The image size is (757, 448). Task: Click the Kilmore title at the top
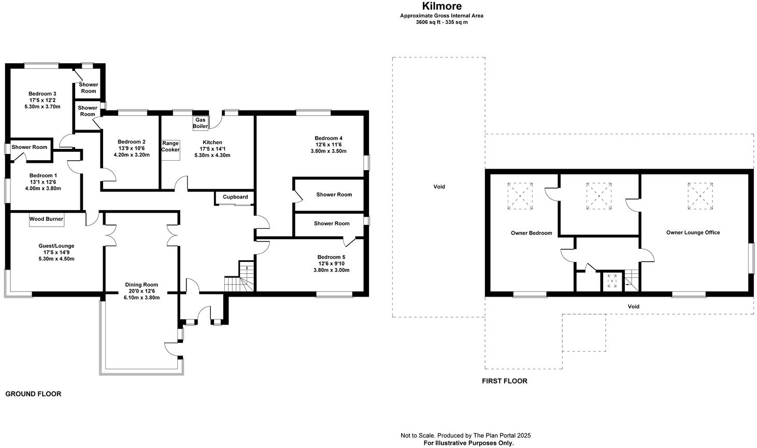pos(441,6)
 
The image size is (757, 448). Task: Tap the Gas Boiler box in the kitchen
pos(201,123)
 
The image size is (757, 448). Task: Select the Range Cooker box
pos(170,147)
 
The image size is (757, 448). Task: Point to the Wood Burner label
pos(46,219)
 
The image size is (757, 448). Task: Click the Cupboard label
pos(235,197)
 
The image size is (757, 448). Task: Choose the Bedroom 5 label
pos(331,257)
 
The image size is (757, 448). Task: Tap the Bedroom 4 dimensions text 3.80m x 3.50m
pos(328,151)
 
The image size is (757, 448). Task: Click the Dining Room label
pos(141,285)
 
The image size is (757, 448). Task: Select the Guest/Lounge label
pos(56,246)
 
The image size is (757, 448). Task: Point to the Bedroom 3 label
pos(42,94)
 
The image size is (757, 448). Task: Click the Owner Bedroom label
pos(531,233)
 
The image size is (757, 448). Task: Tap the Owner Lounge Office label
pos(693,233)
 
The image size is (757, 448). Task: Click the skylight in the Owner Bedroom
pos(520,196)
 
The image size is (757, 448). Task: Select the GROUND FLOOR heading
pos(33,394)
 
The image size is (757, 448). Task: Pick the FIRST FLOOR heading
pos(504,381)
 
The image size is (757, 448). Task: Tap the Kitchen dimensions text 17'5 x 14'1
pos(212,149)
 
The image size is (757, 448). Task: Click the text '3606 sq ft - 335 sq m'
pos(441,22)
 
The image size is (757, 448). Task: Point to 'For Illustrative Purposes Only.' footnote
pos(468,443)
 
